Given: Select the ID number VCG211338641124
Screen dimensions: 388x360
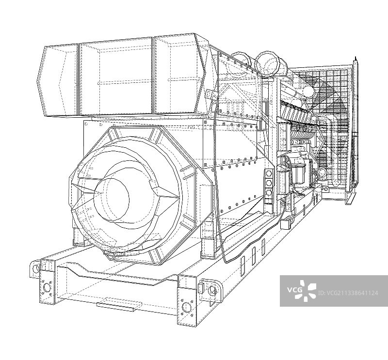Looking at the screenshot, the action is pos(348,293).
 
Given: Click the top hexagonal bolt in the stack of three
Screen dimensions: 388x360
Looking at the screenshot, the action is pos(269,173).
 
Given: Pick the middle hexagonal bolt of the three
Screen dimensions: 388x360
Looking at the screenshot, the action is pos(269,183).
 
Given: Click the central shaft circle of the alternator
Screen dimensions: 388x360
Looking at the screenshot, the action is pos(112,197).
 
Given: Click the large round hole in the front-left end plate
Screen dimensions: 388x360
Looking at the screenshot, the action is pos(46,287).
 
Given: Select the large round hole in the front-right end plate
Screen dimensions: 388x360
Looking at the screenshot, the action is pos(186,308).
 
